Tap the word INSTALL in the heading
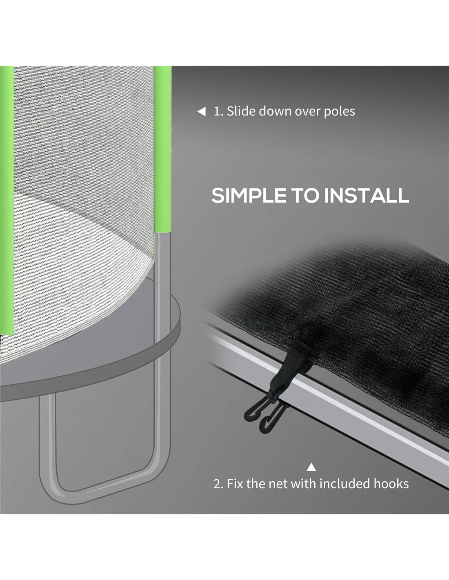coord(367,195)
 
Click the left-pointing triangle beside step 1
coord(201,112)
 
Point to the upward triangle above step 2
coord(311,467)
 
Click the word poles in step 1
coord(340,112)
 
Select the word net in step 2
coord(278,484)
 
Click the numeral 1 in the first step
coord(217,111)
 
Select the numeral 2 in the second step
coord(217,484)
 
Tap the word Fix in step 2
coord(235,484)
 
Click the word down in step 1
coord(275,111)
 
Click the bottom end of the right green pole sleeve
coord(162,233)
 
